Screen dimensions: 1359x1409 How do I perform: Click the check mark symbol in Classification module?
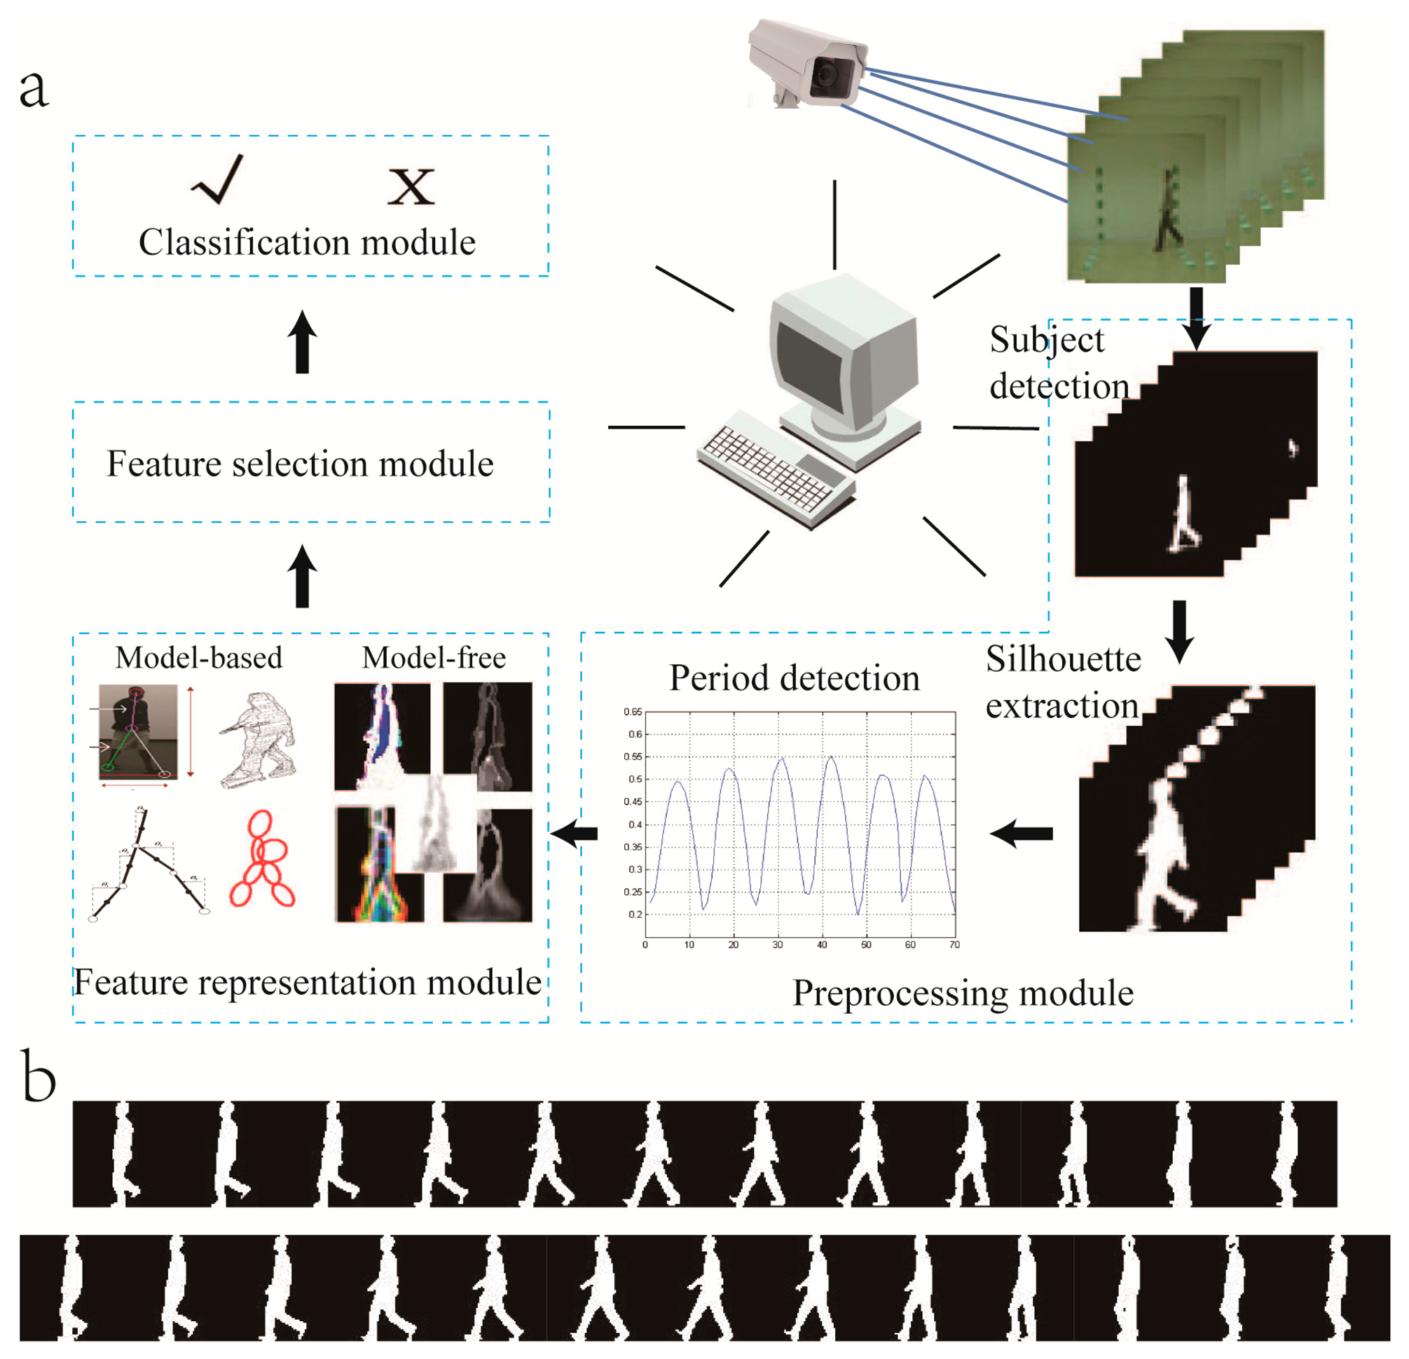tap(217, 181)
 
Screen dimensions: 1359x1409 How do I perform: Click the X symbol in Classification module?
tap(411, 187)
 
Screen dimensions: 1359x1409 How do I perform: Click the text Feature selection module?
tap(300, 464)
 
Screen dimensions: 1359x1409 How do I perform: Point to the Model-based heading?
tap(198, 658)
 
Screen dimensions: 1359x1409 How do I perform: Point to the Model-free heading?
tap(434, 658)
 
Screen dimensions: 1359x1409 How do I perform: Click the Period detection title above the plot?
tap(795, 677)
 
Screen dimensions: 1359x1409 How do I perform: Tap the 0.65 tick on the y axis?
tap(633, 712)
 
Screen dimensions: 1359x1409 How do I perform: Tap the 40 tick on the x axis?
tap(822, 945)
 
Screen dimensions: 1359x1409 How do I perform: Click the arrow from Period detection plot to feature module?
tap(575, 834)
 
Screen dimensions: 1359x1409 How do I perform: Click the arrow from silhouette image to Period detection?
tap(1022, 834)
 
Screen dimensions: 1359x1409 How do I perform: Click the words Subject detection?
tap(1057, 364)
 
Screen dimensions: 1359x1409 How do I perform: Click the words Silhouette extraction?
tap(1062, 683)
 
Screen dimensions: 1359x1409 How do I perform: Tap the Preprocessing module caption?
tap(963, 993)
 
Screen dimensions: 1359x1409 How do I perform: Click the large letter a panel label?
tap(33, 89)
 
